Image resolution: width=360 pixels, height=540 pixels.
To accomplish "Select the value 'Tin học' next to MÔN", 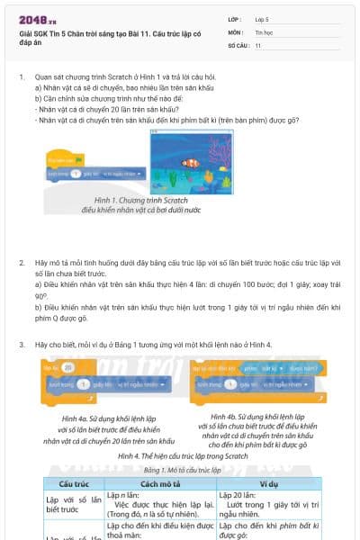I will point(264,31).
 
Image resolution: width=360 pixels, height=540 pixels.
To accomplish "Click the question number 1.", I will point(22,77).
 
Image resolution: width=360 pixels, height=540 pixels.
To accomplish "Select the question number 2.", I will point(22,262).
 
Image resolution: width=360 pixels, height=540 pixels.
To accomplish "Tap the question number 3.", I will point(22,345).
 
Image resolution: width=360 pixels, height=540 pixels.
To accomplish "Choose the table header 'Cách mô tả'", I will point(159,483).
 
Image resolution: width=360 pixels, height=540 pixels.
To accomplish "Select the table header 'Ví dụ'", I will point(271,483).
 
